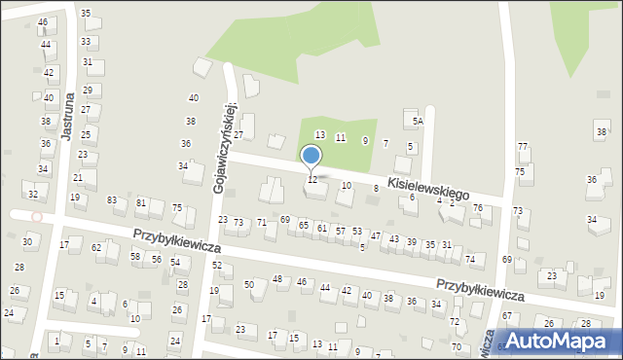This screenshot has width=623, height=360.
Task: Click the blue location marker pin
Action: [x=311, y=156]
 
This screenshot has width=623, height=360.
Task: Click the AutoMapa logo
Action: [x=563, y=341]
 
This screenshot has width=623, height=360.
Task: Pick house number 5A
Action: [x=417, y=122]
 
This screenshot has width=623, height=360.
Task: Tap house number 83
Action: [x=112, y=199]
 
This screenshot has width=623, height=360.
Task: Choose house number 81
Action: [x=141, y=202]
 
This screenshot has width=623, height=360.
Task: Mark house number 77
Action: [x=523, y=146]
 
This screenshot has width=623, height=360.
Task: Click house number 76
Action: [x=477, y=208]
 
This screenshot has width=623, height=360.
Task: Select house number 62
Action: [x=96, y=247]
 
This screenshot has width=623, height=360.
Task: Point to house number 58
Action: [x=135, y=257]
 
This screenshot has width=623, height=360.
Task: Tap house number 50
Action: [x=249, y=284]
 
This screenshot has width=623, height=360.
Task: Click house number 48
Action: [x=277, y=279]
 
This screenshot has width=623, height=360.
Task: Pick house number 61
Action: [x=321, y=228]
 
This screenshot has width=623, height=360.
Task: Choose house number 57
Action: [x=340, y=231]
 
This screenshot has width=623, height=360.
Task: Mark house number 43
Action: [x=393, y=238]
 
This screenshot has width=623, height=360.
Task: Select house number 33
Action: [x=87, y=42]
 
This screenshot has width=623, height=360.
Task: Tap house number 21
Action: [x=78, y=177]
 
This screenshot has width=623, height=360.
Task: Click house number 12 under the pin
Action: [x=311, y=180]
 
